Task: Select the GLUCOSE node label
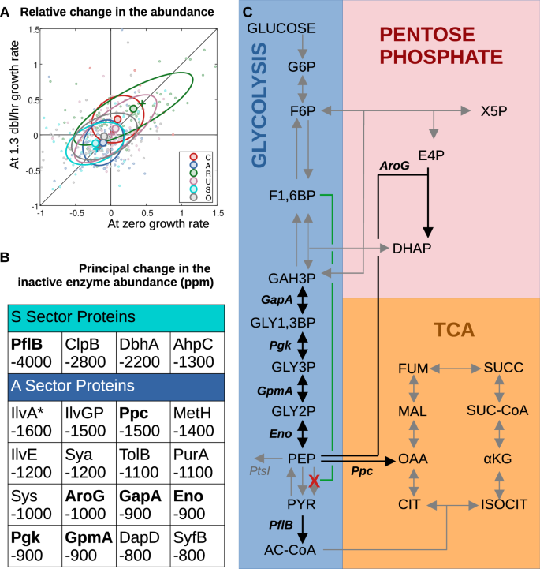click(x=281, y=28)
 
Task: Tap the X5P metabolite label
click(x=493, y=111)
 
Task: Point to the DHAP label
click(x=413, y=248)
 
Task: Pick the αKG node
click(x=498, y=458)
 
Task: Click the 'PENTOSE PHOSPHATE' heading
click(x=441, y=46)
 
